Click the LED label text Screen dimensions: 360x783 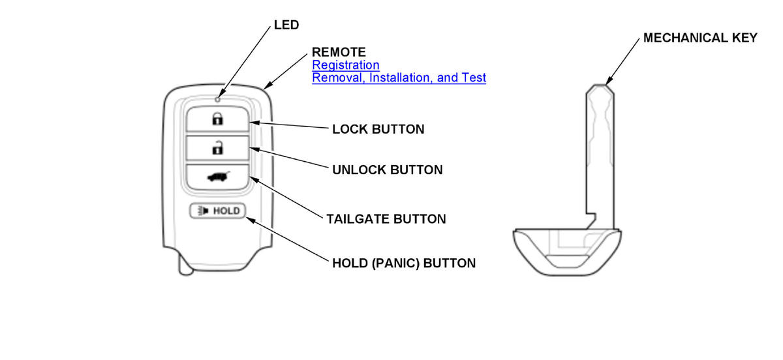point(285,25)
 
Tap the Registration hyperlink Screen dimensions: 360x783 point(345,65)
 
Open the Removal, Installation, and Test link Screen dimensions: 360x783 point(399,78)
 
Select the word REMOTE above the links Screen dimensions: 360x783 point(339,52)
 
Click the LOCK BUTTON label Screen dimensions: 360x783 point(378,129)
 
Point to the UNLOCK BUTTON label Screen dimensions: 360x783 point(387,170)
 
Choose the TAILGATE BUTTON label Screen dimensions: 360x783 point(386,219)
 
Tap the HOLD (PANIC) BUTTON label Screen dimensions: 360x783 point(403,263)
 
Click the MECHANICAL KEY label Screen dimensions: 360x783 point(700,38)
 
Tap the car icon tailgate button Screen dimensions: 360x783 point(217,177)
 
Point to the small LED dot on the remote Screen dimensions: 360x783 point(217,100)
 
